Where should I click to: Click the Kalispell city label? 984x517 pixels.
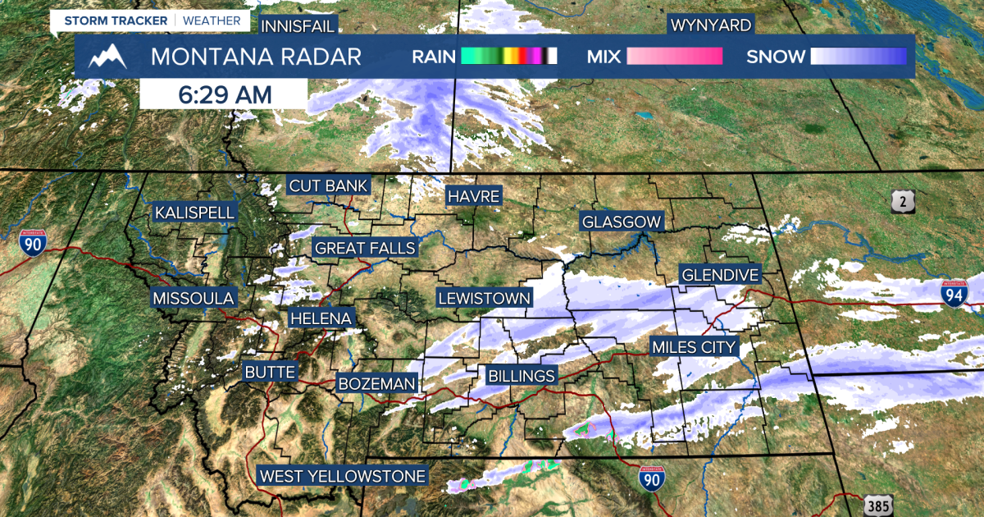(195, 213)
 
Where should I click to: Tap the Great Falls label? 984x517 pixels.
(365, 248)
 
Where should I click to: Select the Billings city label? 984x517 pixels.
(522, 376)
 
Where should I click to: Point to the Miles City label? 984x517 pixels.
(694, 347)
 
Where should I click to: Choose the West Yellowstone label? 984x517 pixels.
(343, 476)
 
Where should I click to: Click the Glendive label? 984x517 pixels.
(721, 274)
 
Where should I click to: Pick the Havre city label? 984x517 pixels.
(473, 196)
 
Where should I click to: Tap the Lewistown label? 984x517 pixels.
(484, 298)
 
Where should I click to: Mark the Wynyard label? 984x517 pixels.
(710, 25)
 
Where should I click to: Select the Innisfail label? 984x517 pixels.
(298, 26)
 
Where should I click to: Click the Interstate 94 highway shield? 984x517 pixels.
(954, 293)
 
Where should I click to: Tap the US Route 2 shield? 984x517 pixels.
(903, 200)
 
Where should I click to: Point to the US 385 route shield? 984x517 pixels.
(877, 506)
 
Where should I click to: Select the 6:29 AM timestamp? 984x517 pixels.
(224, 94)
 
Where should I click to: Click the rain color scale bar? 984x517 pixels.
(508, 57)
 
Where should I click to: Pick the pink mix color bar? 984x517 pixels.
(674, 57)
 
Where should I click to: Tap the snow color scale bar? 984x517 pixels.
(859, 57)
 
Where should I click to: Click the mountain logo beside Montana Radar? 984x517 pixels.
(108, 57)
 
